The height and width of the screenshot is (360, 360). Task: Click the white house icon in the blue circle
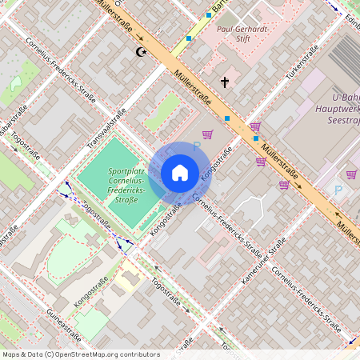180,172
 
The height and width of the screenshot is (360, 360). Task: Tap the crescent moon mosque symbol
142,52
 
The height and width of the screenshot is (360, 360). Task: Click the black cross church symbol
225,82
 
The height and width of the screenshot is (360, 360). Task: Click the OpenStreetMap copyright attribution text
70,354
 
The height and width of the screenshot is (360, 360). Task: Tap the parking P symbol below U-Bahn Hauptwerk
338,190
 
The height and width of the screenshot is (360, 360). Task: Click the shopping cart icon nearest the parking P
351,174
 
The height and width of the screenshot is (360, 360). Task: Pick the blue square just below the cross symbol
227,118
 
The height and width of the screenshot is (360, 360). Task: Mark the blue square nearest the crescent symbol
190,38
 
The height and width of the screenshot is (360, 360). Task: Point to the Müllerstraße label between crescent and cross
191,87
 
